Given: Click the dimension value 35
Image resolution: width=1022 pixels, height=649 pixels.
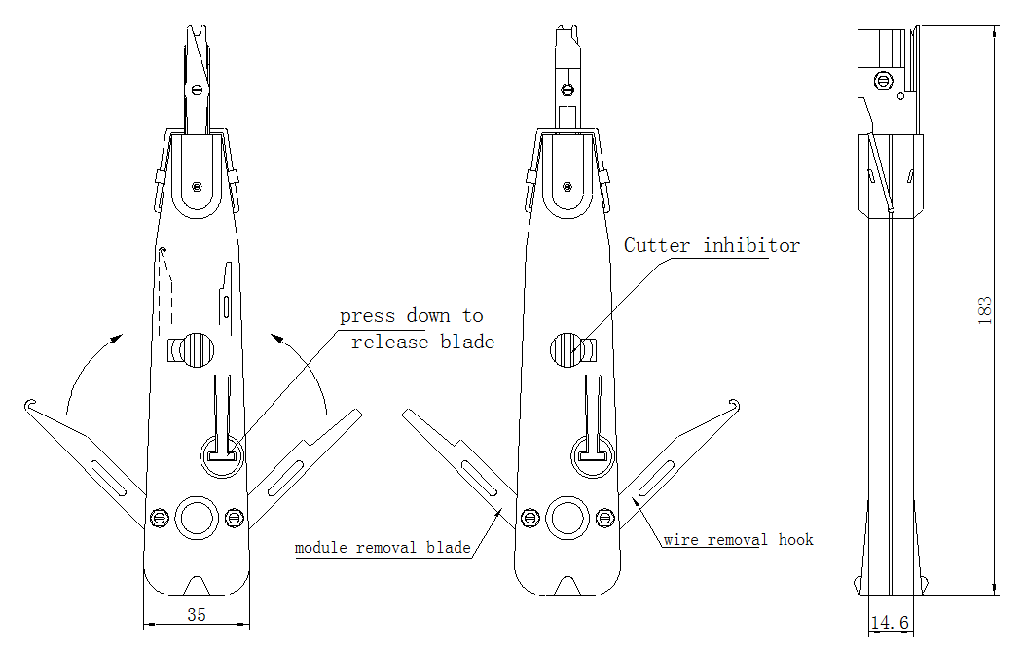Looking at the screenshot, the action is coord(197,615).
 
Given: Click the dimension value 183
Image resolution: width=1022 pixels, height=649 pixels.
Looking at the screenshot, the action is coord(985,310).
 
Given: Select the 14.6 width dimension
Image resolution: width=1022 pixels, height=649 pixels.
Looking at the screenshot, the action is coord(889,623).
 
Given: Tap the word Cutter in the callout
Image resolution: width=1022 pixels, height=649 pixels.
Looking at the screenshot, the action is coord(656,245).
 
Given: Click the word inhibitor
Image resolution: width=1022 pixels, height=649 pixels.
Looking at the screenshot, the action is coord(751,245).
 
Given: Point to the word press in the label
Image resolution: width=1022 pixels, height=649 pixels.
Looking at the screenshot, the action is coord(367,316).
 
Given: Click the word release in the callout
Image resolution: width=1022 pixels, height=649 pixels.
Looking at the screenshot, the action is coord(389,343).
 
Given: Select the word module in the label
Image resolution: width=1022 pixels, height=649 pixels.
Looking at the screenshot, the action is coord(320,548).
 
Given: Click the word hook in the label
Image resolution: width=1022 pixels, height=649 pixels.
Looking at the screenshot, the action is coord(796,539).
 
